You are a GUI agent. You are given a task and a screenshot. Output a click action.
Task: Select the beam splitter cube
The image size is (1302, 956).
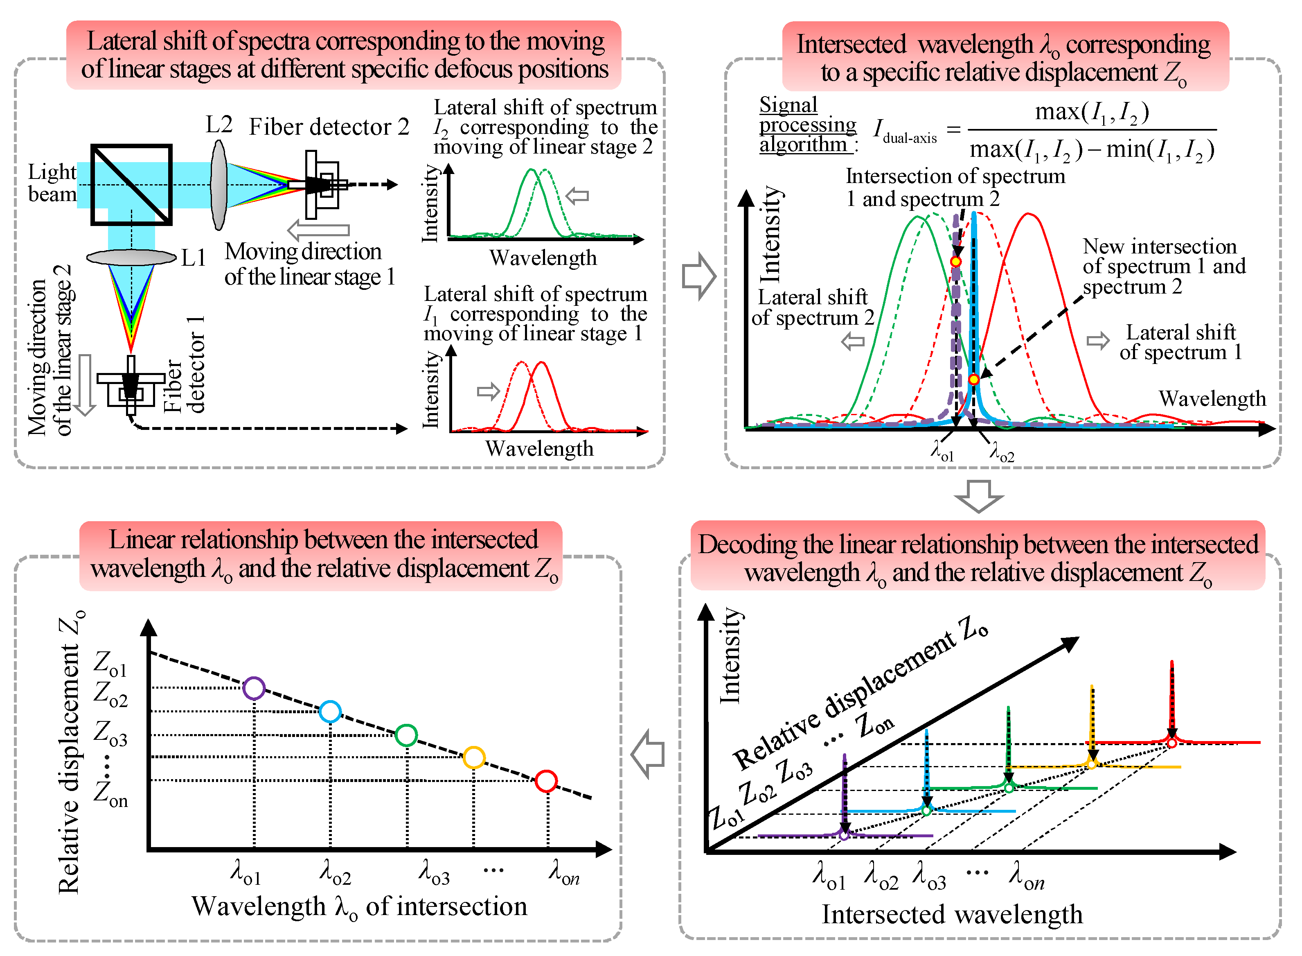pos(131,185)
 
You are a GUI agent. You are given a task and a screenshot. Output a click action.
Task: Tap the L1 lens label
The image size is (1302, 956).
pos(193,258)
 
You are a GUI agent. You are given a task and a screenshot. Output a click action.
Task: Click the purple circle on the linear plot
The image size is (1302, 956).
pos(254,688)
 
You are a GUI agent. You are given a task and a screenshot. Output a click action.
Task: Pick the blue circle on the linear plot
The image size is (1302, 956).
pos(330,711)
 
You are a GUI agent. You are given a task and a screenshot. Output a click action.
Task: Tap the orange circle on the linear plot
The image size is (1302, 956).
pos(474,757)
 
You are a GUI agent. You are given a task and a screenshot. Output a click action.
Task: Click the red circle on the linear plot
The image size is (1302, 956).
pos(546,781)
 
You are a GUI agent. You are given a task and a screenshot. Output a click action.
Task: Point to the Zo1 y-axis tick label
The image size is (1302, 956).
pos(110,663)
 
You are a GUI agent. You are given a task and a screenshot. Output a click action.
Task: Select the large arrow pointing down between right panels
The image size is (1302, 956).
pos(979,495)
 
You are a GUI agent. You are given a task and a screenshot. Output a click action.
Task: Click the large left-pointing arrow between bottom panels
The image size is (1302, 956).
pos(648,754)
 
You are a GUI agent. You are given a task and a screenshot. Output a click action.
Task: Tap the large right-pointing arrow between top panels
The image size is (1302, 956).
pos(699,276)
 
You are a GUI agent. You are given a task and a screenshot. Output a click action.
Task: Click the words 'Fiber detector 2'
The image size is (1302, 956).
pos(329,127)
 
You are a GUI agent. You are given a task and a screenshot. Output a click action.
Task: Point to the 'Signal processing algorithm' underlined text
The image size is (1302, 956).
pos(807,124)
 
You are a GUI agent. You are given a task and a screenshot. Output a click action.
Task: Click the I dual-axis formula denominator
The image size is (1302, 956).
pos(1091,150)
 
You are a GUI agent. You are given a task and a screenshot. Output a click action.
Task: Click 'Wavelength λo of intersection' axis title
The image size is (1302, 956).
pos(359,906)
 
